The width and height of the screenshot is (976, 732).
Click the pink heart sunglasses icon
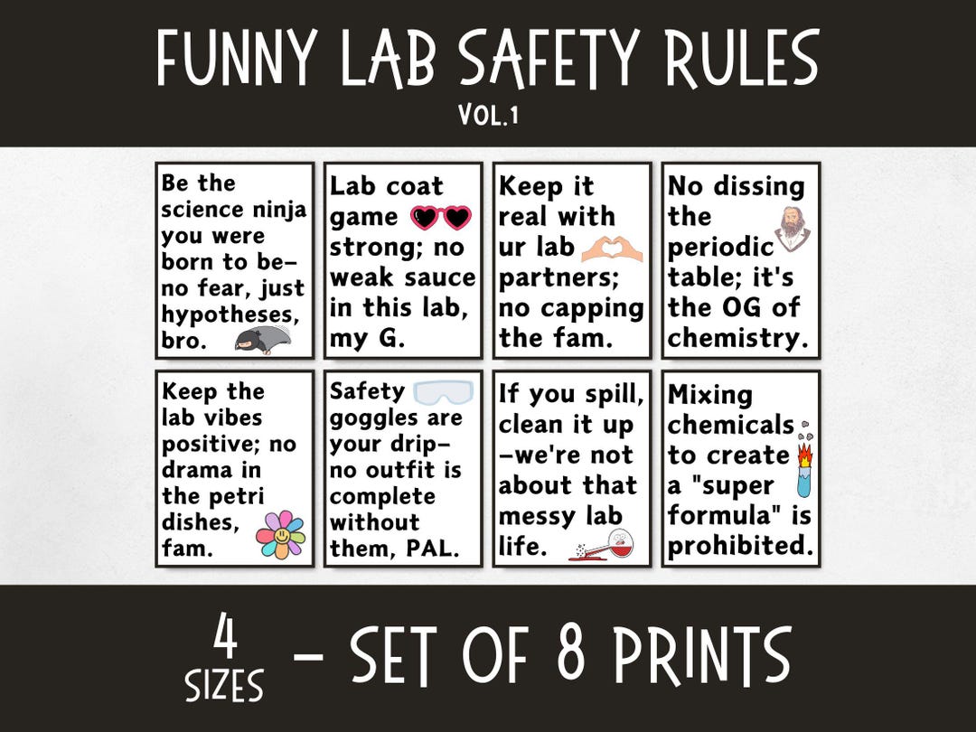442,218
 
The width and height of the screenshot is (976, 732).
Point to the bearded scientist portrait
793,230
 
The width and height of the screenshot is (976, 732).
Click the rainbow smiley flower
280,534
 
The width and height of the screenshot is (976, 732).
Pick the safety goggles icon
443,392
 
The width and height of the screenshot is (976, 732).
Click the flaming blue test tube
803,467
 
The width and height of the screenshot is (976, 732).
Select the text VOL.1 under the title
488,116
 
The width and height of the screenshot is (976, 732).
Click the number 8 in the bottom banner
573,654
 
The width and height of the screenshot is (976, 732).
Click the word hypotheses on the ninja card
233,315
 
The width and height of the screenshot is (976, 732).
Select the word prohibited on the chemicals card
740,545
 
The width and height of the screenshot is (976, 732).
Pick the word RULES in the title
733,60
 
